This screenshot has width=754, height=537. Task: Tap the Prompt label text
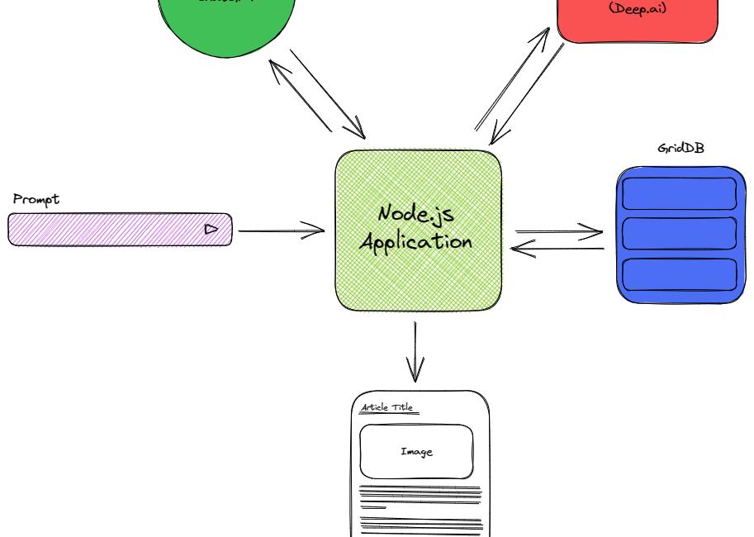[x=36, y=199]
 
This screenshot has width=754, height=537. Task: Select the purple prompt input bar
[x=107, y=230]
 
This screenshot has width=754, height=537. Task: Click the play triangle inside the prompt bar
[x=211, y=229]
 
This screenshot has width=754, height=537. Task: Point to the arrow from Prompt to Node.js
[x=281, y=230]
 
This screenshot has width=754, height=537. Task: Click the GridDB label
[x=680, y=149]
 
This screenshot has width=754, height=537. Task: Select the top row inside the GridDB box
[x=679, y=194]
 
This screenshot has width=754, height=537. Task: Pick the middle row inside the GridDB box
[x=679, y=234]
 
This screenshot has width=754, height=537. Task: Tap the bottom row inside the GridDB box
[x=679, y=274]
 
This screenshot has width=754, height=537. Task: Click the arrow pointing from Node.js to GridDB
[x=559, y=232]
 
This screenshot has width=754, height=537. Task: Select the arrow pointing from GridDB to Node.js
[x=557, y=248]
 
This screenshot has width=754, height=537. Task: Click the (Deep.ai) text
[x=637, y=8]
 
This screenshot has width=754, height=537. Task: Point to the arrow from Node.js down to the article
[x=415, y=351]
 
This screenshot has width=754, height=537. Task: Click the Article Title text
[x=386, y=407]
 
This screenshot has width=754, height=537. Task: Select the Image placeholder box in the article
[x=416, y=452]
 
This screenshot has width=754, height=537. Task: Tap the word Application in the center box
[x=416, y=242]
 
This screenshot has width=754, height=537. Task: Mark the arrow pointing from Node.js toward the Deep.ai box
[x=512, y=79]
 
